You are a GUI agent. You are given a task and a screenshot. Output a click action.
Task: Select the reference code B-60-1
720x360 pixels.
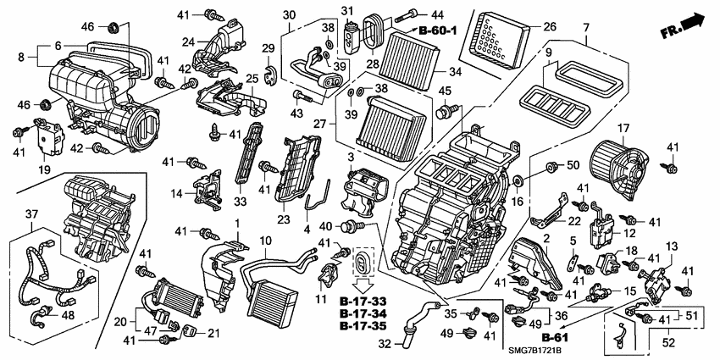(439, 30)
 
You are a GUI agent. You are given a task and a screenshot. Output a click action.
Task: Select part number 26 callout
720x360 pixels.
(549, 26)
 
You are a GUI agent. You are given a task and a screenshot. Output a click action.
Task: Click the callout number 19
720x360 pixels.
(44, 169)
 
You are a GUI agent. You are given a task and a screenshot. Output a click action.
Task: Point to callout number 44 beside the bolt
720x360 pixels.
(436, 14)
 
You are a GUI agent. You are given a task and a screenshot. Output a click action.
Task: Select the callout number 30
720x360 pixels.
(289, 14)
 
